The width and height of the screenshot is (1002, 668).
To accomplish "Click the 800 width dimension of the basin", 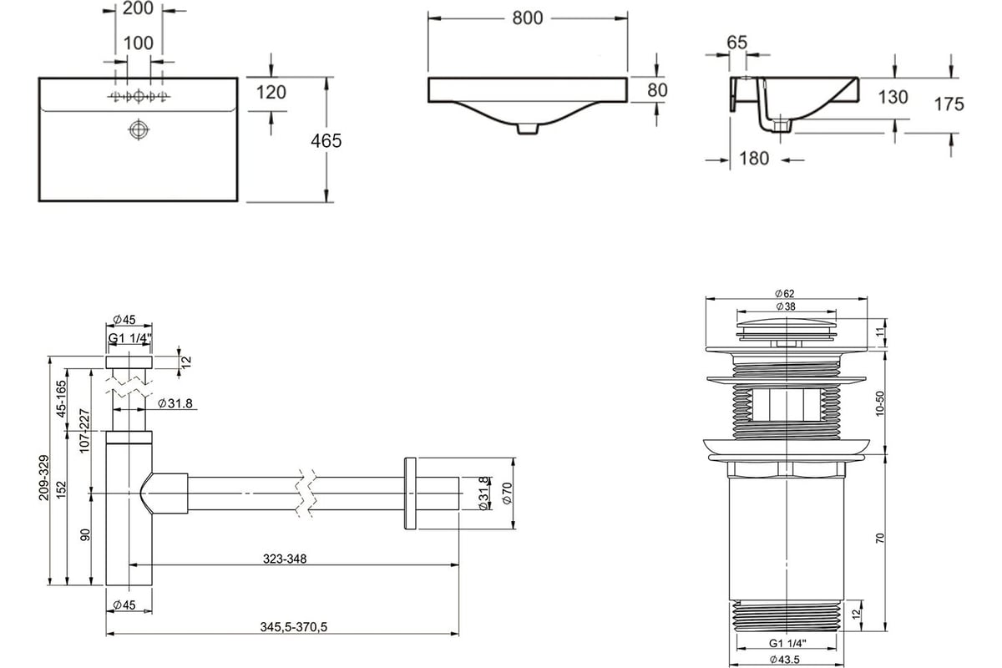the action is [x=528, y=18].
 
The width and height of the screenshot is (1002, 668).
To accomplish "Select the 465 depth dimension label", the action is [x=326, y=141].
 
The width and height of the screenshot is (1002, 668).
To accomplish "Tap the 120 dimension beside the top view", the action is [x=271, y=93].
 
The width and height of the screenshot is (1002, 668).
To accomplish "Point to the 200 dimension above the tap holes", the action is [x=138, y=8].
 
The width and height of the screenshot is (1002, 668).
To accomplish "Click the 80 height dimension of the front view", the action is [x=657, y=90].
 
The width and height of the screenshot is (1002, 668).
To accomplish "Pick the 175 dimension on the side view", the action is [x=949, y=104].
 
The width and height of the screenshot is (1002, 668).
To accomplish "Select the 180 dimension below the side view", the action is [x=754, y=159].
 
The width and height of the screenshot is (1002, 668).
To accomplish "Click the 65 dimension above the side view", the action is [x=736, y=43].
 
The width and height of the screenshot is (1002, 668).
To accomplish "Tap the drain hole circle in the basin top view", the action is [x=139, y=129].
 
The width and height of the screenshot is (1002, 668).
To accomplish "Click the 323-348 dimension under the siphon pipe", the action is [x=285, y=559].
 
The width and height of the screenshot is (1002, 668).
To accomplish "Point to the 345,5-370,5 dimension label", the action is [x=293, y=627].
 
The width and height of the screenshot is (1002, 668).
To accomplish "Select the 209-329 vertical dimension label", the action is [x=43, y=478].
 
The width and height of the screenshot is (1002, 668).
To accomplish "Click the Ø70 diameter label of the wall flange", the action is [x=507, y=493].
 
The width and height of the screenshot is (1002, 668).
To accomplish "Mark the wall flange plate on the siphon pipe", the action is [x=410, y=493].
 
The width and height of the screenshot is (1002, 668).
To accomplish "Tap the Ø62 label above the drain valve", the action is [x=785, y=294].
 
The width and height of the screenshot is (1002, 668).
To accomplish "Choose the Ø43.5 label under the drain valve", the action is [x=785, y=660].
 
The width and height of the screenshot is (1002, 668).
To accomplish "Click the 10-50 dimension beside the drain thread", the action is [x=879, y=403].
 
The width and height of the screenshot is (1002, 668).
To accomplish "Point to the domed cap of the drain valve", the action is [x=787, y=323].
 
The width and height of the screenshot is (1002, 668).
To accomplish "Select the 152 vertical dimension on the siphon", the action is [x=61, y=489].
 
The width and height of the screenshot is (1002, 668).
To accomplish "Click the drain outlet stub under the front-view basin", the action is [x=528, y=129].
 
